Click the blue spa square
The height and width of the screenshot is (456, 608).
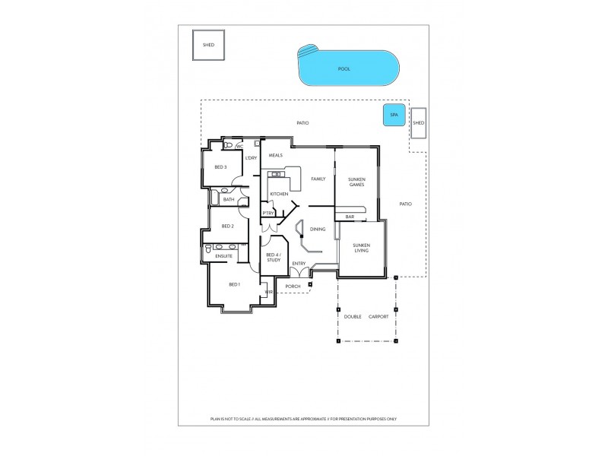point(394,116)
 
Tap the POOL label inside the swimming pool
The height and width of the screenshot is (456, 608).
point(344,69)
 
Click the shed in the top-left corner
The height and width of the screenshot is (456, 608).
point(208,45)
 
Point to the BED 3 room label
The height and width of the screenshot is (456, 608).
point(220,167)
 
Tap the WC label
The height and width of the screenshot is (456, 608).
point(239,146)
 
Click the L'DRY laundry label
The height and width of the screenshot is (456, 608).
point(252,158)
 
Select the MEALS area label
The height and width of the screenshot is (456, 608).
point(276,155)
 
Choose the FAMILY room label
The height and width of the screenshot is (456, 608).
point(318,179)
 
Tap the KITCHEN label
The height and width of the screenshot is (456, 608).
point(279,195)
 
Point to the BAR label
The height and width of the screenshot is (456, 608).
point(350,217)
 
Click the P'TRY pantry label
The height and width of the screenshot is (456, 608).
point(268,214)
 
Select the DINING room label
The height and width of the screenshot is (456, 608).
point(318,229)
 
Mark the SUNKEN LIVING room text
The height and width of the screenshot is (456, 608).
point(361,248)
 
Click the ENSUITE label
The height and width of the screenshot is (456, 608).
point(223,256)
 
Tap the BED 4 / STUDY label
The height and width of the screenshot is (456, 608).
point(274,258)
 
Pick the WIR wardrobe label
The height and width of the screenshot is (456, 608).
point(268,292)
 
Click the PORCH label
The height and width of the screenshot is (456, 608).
point(293,287)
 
